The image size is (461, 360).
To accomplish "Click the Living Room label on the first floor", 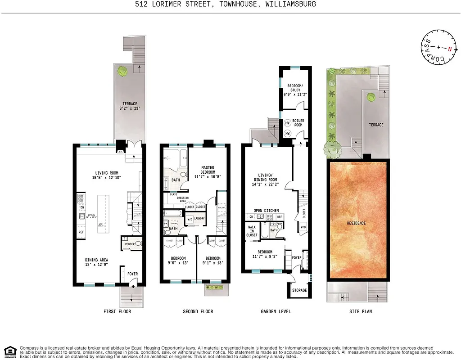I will [108, 172].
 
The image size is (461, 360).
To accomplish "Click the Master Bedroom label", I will [208, 170].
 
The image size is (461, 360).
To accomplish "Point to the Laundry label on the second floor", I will [199, 219].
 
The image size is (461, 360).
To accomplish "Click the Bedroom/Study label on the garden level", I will [295, 88].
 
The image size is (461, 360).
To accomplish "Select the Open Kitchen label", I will [266, 211].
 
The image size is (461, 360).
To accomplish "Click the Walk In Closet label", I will [252, 231].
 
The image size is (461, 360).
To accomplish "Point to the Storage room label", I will [299, 290].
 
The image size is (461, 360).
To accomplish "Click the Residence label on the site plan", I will [357, 223].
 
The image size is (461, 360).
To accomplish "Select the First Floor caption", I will [117, 311].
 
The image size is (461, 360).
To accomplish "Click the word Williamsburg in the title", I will [291, 4].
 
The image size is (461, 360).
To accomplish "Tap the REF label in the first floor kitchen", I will [81, 232].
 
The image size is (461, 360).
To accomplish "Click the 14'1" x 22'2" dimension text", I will [266, 184].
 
